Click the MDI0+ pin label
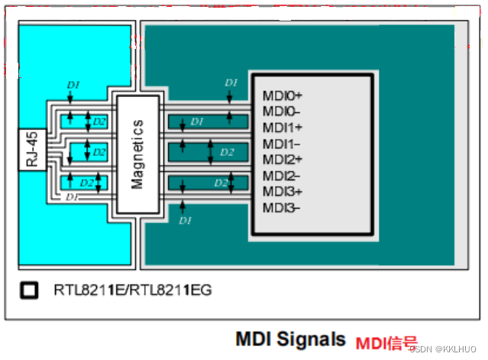283,96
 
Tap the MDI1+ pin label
283,128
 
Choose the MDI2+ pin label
283,159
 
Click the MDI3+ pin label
283,191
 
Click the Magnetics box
137,154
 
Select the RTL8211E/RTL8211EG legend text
132,290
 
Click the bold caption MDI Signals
289,338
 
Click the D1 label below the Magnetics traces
184,221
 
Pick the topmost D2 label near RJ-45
99,122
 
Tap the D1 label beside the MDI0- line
197,122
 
